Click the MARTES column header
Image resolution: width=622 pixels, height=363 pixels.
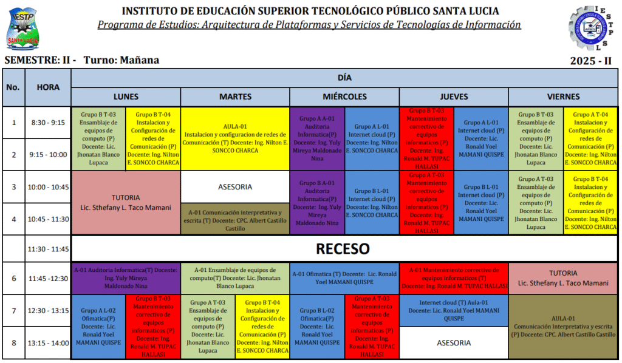click(x=235, y=97)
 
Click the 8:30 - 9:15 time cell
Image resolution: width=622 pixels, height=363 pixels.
click(x=48, y=123)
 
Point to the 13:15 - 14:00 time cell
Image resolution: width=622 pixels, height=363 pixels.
click(x=48, y=343)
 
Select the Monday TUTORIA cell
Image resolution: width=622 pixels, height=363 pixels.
click(x=126, y=202)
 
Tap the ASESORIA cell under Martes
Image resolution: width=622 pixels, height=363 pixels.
click(x=235, y=187)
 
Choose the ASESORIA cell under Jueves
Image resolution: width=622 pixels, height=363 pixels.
click(x=453, y=343)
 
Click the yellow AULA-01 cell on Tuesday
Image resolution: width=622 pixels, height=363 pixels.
click(x=235, y=138)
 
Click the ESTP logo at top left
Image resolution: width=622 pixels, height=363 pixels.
click(x=23, y=29)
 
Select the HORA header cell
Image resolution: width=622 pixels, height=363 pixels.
click(x=48, y=87)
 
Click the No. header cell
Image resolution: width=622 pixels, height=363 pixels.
click(x=13, y=87)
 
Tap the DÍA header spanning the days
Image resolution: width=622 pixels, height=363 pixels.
click(x=344, y=78)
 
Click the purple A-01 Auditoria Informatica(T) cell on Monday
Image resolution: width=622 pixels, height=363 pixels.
click(x=126, y=278)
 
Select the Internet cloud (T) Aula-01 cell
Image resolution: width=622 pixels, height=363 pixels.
click(x=453, y=310)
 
